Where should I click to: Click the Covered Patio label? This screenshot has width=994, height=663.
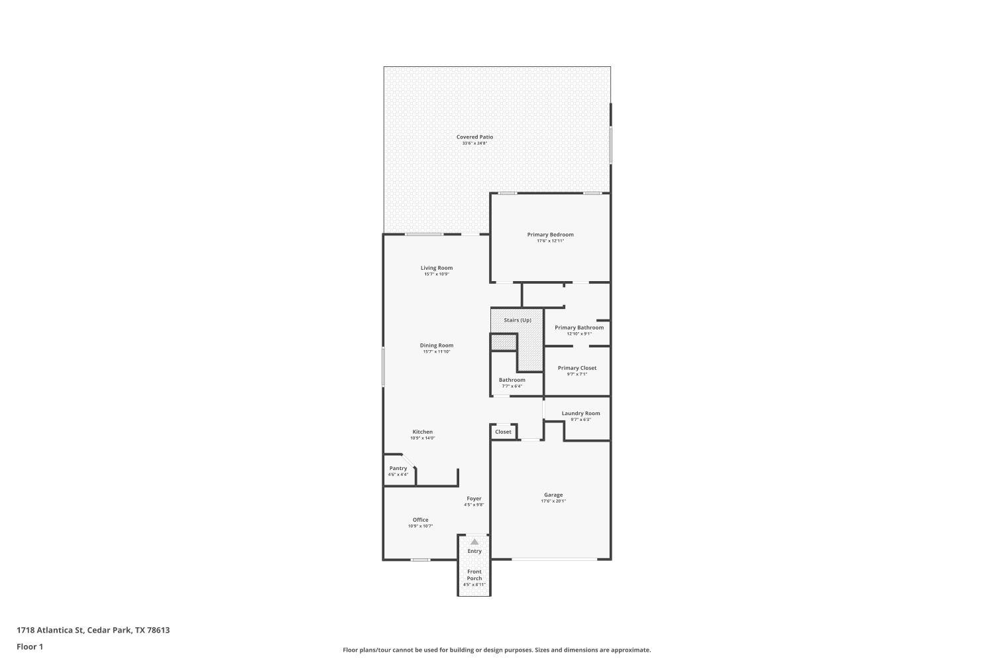click(x=474, y=137)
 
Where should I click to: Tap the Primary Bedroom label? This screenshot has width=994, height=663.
click(x=550, y=235)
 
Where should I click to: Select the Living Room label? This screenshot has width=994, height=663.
click(x=437, y=268)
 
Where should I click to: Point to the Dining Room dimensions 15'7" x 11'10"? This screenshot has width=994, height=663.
click(x=437, y=352)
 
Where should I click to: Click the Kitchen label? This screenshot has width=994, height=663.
click(x=422, y=432)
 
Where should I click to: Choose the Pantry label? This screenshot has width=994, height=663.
click(x=398, y=468)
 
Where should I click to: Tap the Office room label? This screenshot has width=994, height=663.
click(x=420, y=520)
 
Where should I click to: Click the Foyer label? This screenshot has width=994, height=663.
click(x=474, y=499)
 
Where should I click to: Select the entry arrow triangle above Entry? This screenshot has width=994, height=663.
click(x=474, y=542)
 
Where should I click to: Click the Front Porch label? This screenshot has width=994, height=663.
click(x=474, y=575)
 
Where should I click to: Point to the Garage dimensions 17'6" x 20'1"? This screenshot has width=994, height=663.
click(x=553, y=501)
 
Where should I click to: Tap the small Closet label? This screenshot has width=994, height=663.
click(x=503, y=432)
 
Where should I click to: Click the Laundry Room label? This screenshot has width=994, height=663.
click(x=580, y=413)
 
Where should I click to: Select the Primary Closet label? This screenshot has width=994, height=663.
click(x=577, y=368)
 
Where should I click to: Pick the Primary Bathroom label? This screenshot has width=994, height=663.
click(x=579, y=328)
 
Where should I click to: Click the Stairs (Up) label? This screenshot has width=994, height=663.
click(x=517, y=320)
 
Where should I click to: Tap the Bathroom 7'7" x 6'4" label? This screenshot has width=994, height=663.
click(x=512, y=380)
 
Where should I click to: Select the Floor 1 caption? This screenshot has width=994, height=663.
click(x=30, y=646)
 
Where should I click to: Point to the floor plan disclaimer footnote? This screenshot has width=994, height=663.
click(x=496, y=650)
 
